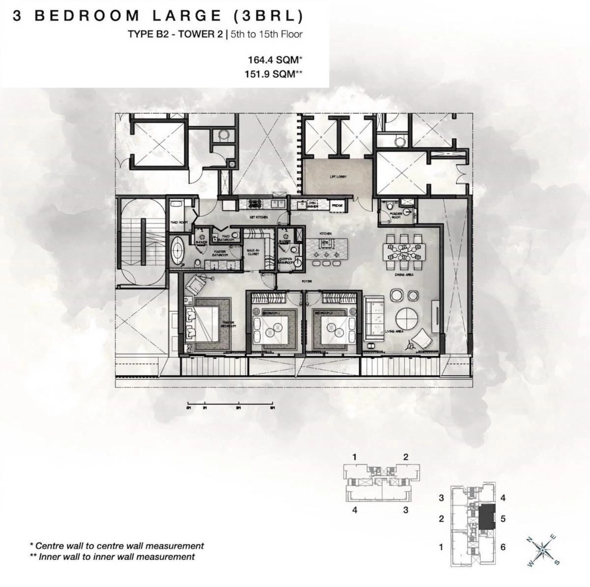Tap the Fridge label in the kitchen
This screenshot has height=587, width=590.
point(337,206)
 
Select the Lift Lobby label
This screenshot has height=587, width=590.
point(336,177)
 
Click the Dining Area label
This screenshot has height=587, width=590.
point(404,275)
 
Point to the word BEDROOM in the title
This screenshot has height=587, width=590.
point(87,16)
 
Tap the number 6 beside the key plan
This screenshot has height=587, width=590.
point(503,547)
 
